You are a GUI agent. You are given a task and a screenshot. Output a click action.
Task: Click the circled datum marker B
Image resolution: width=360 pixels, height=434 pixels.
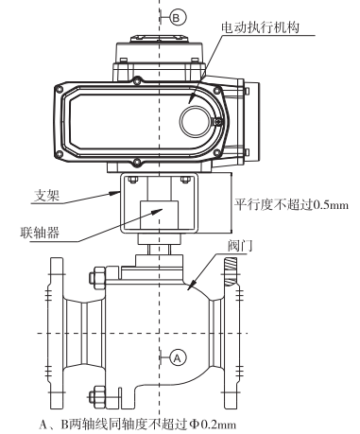pyautogui.click(x=177, y=18)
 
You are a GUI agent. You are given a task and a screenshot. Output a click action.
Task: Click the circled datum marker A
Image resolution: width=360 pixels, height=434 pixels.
pyautogui.click(x=178, y=358)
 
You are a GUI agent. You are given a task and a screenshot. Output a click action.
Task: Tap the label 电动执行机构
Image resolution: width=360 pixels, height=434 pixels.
pyautogui.click(x=260, y=27)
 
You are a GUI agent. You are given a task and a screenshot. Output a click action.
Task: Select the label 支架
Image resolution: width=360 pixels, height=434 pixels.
pyautogui.click(x=46, y=196)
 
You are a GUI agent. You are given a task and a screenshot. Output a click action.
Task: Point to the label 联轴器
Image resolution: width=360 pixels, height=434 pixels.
pyautogui.click(x=40, y=233)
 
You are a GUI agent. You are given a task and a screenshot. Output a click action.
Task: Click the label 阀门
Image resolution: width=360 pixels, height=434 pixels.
pyautogui.click(x=240, y=246)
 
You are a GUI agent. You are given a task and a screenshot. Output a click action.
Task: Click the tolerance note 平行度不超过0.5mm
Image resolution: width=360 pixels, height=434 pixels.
pyautogui.click(x=291, y=205)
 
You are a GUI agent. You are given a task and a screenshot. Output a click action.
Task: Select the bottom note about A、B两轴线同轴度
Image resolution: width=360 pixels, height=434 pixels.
pyautogui.click(x=137, y=425)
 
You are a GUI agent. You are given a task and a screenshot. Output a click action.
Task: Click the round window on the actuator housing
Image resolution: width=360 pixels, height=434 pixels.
pyautogui.click(x=195, y=121)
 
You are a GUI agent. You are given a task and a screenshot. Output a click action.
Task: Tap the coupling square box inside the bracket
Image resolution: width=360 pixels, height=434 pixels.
pyautogui.click(x=159, y=215)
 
